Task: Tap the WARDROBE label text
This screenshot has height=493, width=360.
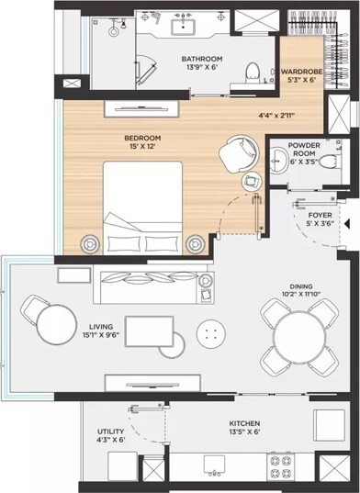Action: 299,71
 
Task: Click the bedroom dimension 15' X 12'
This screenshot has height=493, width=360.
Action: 142,149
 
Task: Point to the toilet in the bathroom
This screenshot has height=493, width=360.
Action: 253,70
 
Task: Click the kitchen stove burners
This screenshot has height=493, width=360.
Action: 277,467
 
